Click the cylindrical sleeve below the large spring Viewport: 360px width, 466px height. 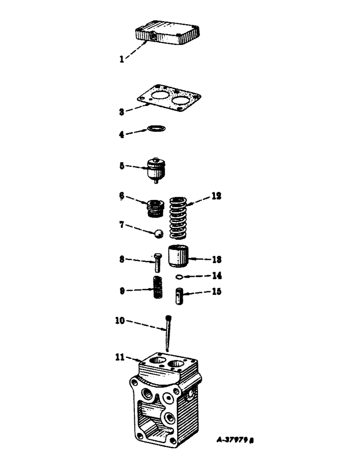click(x=179, y=256)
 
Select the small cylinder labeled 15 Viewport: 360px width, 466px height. click(x=180, y=296)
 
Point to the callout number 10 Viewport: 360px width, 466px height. click(x=120, y=321)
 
